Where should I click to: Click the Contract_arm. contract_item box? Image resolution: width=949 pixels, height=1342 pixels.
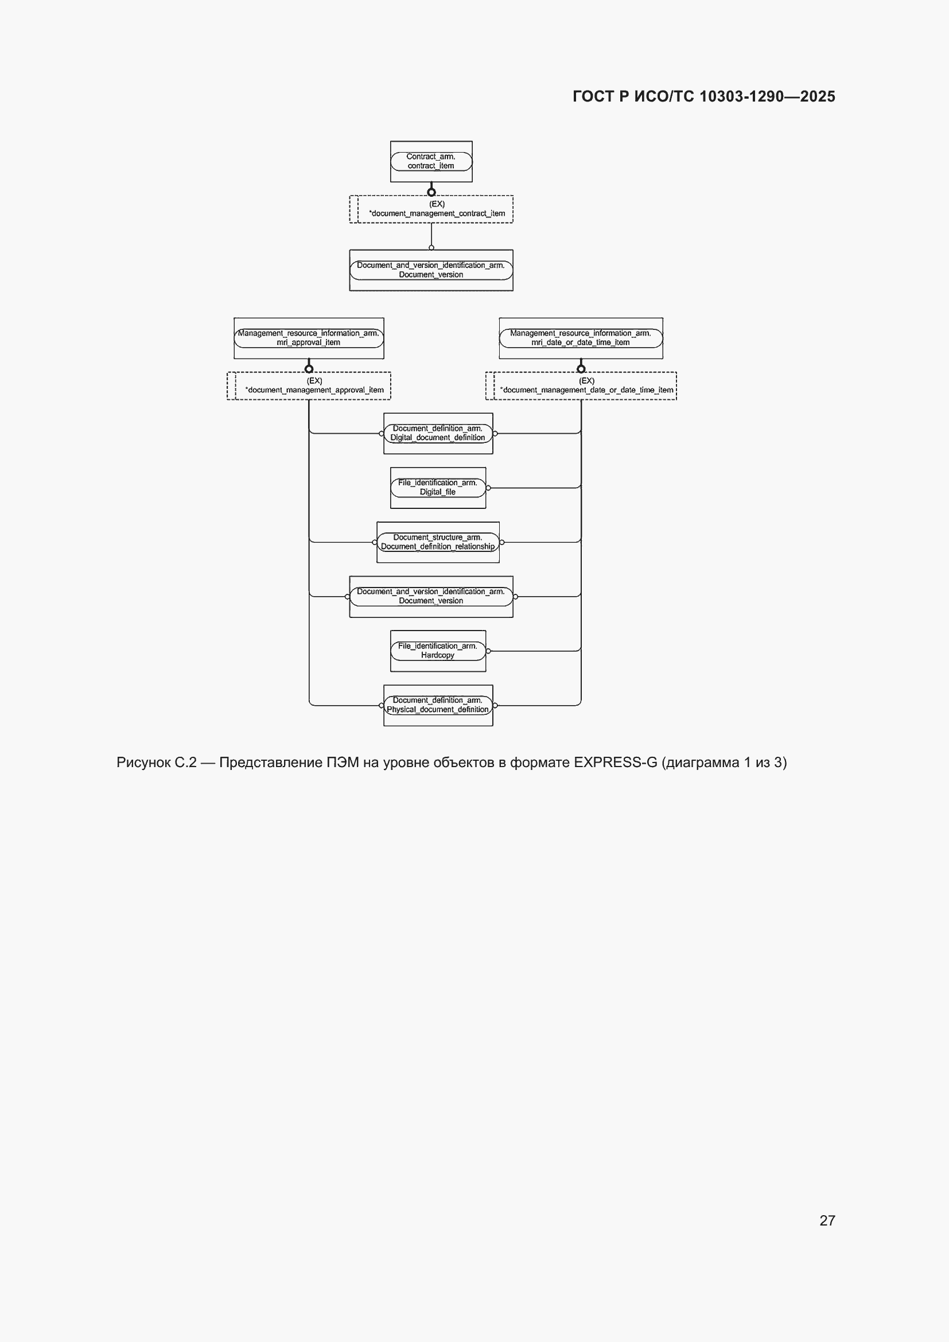[431, 161]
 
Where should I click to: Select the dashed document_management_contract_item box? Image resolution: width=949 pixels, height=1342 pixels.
[431, 209]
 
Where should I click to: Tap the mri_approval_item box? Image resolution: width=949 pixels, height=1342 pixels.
[309, 339]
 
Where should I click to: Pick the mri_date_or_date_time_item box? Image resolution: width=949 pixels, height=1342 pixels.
[581, 339]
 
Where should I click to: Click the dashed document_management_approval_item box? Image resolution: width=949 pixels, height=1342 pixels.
[309, 386]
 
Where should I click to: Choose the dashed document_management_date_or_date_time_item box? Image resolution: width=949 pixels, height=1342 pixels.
[581, 386]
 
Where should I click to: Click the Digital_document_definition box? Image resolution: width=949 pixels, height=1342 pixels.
[438, 434]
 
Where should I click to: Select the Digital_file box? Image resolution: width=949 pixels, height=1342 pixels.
[438, 488]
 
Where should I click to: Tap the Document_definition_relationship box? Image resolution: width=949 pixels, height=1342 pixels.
[438, 542]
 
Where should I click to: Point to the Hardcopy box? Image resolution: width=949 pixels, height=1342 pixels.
[438, 651]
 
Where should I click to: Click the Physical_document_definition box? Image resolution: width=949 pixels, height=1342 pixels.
[438, 706]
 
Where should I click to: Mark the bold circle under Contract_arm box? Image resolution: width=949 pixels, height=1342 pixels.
[431, 192]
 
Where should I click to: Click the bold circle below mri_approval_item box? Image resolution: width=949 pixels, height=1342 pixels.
[309, 368]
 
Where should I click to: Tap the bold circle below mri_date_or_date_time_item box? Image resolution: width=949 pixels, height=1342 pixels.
[581, 368]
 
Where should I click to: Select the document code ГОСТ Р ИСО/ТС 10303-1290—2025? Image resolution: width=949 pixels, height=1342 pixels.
[703, 96]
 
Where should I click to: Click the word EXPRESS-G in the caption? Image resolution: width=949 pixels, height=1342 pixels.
[615, 762]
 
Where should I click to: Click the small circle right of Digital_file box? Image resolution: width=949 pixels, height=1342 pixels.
[488, 488]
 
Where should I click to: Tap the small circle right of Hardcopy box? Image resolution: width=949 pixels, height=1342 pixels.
[488, 651]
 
